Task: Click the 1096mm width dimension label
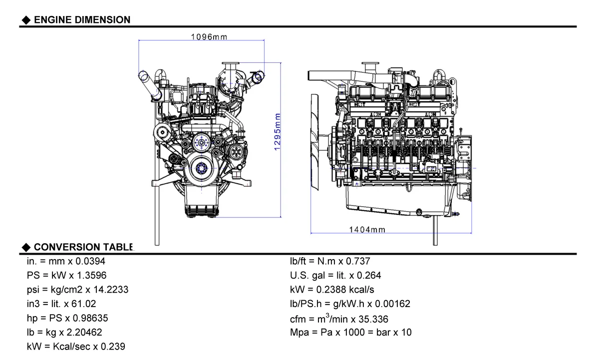point(209,36)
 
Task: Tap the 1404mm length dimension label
point(366,230)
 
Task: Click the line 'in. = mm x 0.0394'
point(66,261)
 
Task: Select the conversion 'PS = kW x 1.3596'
point(66,275)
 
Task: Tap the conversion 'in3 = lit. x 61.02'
point(61,304)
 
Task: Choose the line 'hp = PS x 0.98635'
point(67,318)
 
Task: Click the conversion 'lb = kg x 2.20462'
point(64,332)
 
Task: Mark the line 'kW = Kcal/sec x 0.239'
point(76,347)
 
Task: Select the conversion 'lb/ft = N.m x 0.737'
point(330,261)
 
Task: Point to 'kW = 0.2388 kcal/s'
point(332,290)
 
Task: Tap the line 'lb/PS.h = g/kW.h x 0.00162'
point(350,304)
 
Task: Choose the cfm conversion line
point(339,319)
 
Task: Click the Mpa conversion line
point(351,332)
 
